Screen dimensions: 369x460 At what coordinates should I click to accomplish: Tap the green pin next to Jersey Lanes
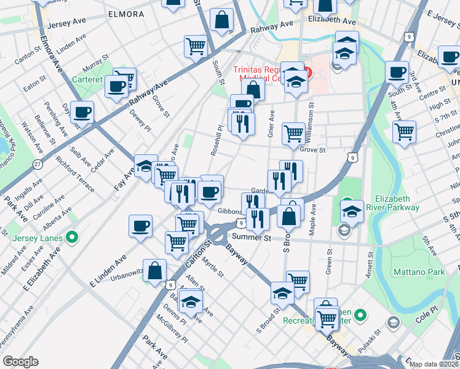pyautogui.click(x=72, y=236)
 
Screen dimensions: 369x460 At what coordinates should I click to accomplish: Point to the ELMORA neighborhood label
pyautogui.click(x=125, y=14)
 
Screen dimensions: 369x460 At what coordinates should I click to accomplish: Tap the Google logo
pyautogui.click(x=20, y=362)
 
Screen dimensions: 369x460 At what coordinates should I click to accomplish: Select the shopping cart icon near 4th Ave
pyautogui.click(x=405, y=131)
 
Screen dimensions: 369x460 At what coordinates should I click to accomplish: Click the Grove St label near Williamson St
pyautogui.click(x=312, y=149)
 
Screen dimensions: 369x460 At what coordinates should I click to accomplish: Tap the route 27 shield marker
pyautogui.click(x=38, y=164)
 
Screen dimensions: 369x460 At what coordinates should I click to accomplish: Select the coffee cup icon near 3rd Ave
pyautogui.click(x=397, y=72)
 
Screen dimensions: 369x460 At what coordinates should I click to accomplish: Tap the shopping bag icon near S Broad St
pyautogui.click(x=288, y=215)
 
